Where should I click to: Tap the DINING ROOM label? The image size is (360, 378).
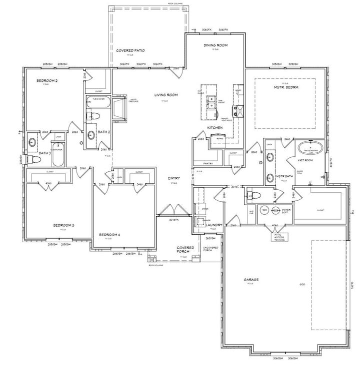[215, 45]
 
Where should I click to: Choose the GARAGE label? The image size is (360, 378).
[251, 280]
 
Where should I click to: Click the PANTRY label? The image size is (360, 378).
[208, 163]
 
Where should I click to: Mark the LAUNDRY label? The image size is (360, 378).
[213, 226]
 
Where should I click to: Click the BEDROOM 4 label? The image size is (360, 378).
[109, 235]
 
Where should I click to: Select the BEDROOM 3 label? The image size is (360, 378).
[63, 225]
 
